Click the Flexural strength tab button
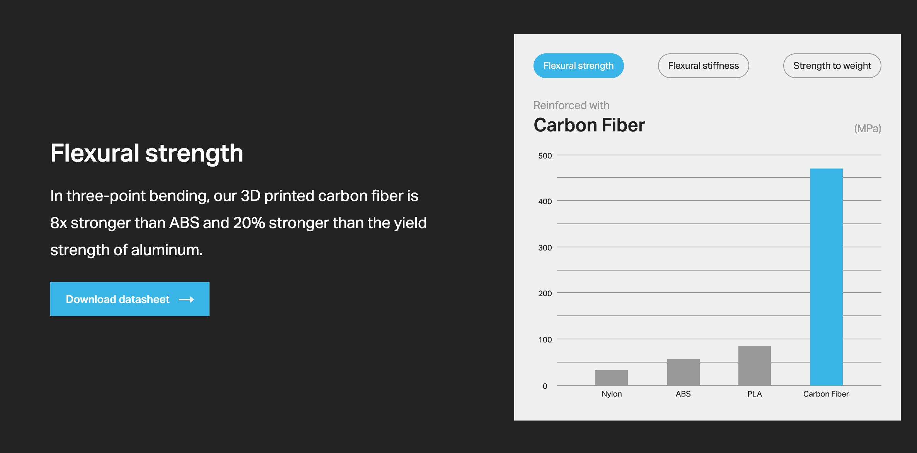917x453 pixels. [578, 66]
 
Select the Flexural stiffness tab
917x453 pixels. [703, 66]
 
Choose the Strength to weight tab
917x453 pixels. [832, 66]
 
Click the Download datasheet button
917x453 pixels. [130, 299]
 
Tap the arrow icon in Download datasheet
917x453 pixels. [186, 300]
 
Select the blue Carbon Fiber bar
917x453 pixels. [826, 277]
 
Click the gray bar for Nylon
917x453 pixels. [612, 378]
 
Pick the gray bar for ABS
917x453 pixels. [683, 372]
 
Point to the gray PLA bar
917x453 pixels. [755, 366]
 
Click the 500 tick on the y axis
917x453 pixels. [545, 156]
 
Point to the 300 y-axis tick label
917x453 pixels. [545, 248]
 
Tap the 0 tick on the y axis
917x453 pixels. [545, 386]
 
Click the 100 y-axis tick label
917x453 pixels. [545, 340]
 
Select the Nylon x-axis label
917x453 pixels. [612, 394]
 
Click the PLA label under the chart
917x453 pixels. [755, 394]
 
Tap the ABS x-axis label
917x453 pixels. [683, 394]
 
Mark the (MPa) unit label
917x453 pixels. [868, 128]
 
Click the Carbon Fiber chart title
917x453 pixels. [589, 125]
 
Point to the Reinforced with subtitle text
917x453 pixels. [571, 105]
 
